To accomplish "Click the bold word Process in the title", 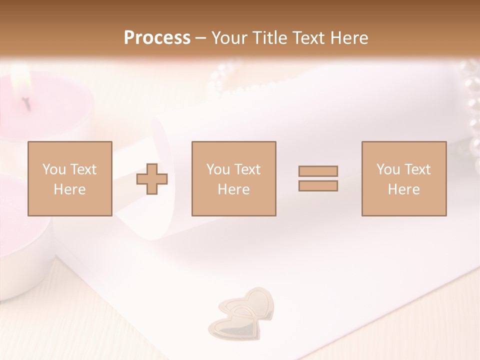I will [157, 38].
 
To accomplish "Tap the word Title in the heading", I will [269, 38].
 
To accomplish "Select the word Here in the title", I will [348, 38].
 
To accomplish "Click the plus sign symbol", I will [152, 179].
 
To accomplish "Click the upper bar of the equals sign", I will [318, 171].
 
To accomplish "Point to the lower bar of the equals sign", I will [318, 186].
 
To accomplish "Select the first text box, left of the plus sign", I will [69, 178].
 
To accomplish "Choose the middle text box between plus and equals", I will [233, 178].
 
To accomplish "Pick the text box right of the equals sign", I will [403, 178].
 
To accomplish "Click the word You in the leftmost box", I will [54, 169].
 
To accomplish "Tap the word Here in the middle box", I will [233, 189].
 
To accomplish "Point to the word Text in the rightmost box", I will [417, 169].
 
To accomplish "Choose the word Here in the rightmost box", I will [403, 189].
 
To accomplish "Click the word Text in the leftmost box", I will [83, 169].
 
